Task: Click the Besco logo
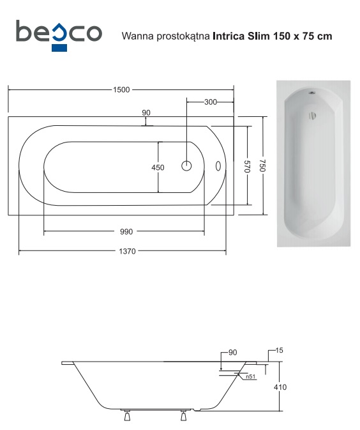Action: [59, 35]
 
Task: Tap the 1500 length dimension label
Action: [121, 89]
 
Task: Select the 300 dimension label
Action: [211, 102]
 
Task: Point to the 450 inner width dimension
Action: [158, 167]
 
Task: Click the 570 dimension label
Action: [247, 166]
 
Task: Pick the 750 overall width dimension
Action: [262, 165]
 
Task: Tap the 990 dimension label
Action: [126, 232]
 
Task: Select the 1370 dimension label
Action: [128, 251]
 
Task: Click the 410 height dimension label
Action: [280, 387]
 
